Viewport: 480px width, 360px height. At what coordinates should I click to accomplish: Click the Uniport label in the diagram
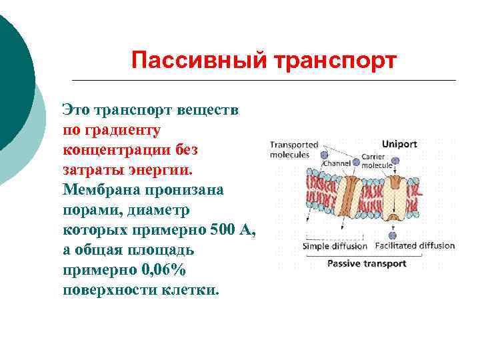[x=399, y=143]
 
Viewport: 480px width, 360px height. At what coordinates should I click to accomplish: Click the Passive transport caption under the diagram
[x=366, y=263]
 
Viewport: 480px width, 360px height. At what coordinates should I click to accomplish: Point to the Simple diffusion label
[x=335, y=246]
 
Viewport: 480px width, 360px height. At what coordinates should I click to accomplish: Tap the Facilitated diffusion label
[x=415, y=246]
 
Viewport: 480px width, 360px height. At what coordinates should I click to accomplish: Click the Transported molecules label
[x=293, y=149]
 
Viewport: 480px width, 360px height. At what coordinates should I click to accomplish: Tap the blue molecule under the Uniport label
[x=396, y=161]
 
